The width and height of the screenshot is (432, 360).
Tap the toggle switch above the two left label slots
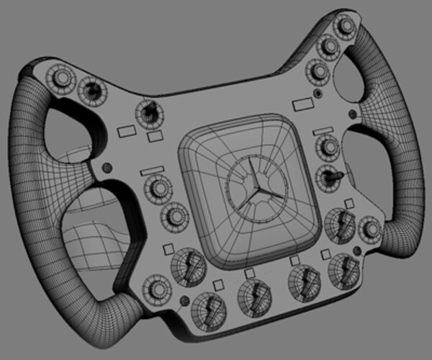point(149,112)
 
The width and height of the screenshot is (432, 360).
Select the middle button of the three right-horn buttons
point(329,47)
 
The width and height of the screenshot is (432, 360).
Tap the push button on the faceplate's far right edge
point(372,230)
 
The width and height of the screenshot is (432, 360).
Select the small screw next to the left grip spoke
point(108,167)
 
